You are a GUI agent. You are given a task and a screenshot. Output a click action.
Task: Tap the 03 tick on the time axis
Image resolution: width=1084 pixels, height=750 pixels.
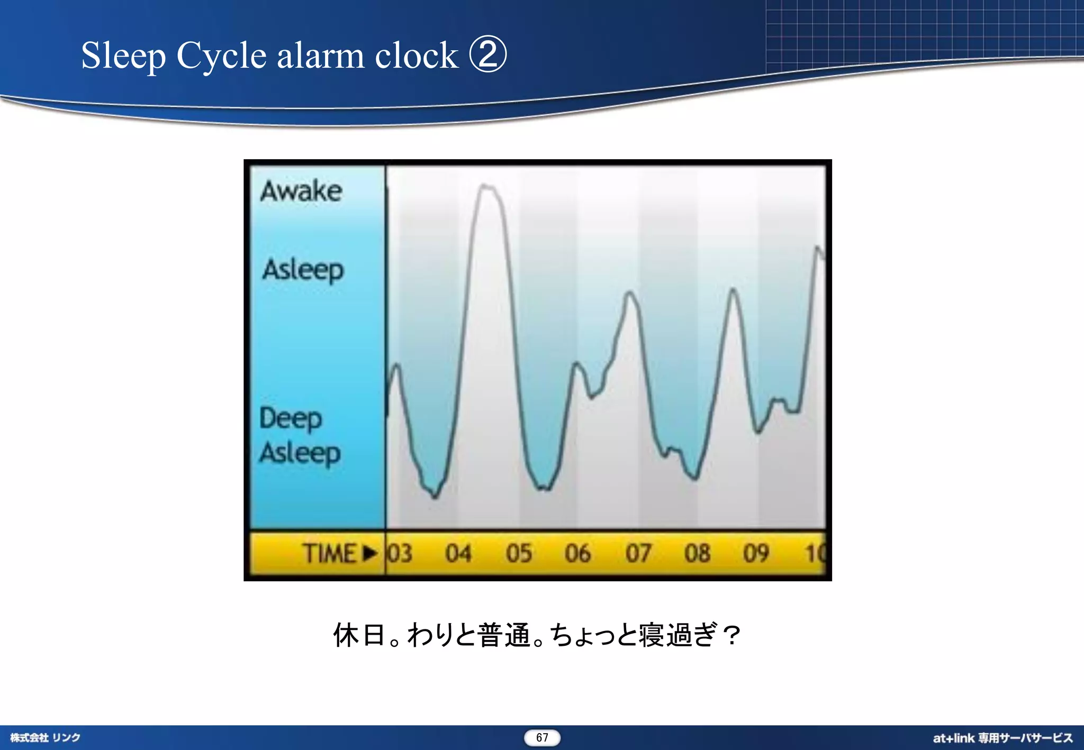click(400, 553)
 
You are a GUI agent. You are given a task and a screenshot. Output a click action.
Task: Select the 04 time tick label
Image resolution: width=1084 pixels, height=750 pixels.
click(458, 553)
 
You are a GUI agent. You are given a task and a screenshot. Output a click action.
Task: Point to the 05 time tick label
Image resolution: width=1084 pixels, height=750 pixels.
click(518, 553)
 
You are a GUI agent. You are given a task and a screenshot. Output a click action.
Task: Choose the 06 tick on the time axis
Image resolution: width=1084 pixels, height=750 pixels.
click(577, 553)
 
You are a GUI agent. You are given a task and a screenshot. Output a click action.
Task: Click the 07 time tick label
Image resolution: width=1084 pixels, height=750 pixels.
click(638, 553)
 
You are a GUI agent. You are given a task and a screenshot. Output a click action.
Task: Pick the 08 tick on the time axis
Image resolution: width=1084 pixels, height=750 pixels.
click(697, 553)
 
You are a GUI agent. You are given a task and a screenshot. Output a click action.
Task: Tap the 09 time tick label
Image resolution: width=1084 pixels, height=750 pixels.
click(756, 553)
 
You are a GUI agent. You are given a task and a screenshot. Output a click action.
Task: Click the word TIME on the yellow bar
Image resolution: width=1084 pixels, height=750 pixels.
click(329, 553)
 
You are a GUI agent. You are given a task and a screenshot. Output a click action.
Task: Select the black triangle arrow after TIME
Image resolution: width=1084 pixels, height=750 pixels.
click(370, 553)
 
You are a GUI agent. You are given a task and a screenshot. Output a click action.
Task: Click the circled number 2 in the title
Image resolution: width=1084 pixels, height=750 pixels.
click(488, 54)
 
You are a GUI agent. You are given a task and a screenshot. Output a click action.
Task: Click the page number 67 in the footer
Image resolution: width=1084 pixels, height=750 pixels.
click(542, 737)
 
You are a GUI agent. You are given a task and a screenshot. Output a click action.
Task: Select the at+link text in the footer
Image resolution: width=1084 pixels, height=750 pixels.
click(953, 738)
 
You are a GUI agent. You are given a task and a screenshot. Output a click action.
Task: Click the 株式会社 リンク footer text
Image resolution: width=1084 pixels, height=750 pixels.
click(45, 737)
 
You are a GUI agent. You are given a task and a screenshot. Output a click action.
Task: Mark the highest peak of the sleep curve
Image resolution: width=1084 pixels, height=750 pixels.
click(486, 186)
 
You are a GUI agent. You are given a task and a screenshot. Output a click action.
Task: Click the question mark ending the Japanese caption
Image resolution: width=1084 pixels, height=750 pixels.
click(732, 635)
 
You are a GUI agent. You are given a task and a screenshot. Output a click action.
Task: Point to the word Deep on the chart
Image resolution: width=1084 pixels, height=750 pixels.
click(291, 418)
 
